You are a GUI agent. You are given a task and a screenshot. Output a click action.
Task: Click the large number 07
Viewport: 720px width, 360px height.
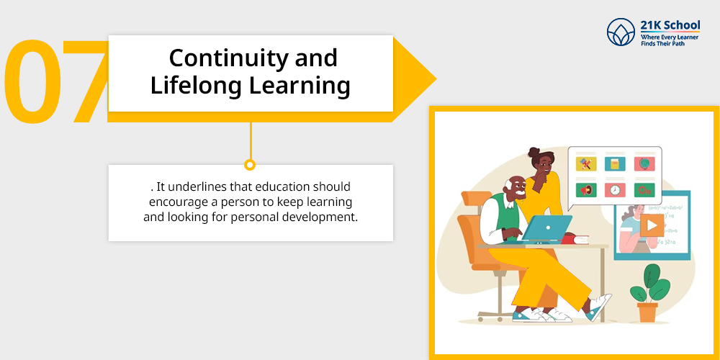56,82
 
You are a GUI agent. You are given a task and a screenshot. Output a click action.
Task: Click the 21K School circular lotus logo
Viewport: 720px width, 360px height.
621,32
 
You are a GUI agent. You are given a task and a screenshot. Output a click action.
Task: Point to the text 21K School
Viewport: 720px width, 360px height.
670,24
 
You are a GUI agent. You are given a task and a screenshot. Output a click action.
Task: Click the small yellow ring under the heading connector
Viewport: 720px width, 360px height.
250,164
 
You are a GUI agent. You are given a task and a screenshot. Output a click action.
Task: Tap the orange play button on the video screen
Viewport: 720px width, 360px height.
652,225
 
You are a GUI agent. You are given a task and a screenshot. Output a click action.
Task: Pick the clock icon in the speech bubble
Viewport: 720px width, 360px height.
614,190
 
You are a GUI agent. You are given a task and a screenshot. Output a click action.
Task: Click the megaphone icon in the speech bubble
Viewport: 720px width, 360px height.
586,190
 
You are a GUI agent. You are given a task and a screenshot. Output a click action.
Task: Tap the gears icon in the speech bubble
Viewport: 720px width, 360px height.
644,190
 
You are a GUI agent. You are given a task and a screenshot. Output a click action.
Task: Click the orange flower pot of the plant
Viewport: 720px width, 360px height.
647,312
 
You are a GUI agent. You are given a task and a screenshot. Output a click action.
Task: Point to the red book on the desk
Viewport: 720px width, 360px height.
575,239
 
